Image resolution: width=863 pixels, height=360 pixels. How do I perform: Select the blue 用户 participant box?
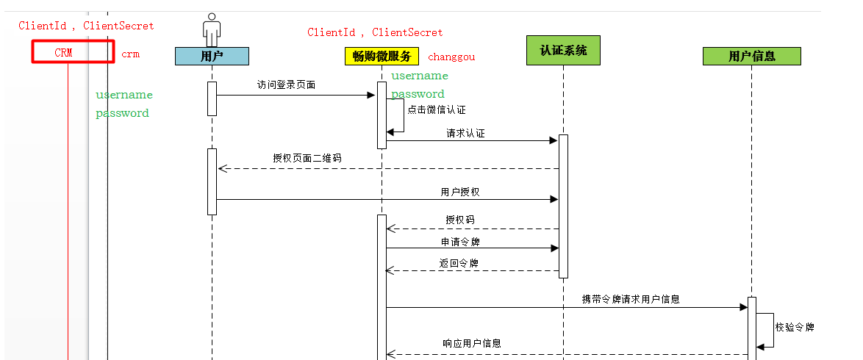[212, 56]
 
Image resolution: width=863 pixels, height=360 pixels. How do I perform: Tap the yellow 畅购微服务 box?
[382, 57]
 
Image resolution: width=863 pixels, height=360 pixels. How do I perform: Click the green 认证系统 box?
[563, 51]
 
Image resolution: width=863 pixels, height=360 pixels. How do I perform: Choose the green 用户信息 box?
[751, 56]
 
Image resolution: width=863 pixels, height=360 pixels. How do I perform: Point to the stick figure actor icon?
[212, 29]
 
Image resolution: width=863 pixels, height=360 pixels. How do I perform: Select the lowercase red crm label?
[130, 54]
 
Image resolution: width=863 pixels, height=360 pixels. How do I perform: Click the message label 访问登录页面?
[286, 84]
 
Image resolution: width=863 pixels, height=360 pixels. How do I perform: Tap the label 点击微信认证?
[436, 109]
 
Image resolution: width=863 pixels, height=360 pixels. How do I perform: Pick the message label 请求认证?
[465, 134]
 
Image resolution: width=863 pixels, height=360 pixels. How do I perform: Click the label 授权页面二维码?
[307, 158]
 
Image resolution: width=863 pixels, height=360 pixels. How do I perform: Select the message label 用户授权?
[460, 192]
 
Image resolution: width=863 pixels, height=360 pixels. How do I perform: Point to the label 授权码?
[460, 219]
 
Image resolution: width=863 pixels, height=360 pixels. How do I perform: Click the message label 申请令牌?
[460, 241]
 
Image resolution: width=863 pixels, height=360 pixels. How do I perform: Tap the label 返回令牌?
[460, 263]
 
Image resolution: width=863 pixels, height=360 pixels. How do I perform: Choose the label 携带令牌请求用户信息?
[630, 299]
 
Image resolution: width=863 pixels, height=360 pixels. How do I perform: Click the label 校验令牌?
[795, 327]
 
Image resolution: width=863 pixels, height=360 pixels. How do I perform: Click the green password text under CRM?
[122, 113]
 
